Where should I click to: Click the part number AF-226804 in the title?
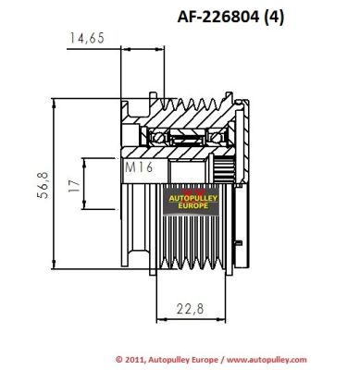[218, 17]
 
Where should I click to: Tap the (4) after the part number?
[274, 18]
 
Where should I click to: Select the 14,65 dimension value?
[87, 38]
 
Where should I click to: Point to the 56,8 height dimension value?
[43, 185]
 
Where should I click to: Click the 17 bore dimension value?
[74, 185]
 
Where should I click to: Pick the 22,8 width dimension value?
[191, 308]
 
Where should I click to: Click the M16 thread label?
[139, 167]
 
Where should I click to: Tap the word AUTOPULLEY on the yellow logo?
[193, 199]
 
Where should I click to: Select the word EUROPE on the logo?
[193, 205]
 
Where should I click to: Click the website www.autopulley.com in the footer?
[267, 360]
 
